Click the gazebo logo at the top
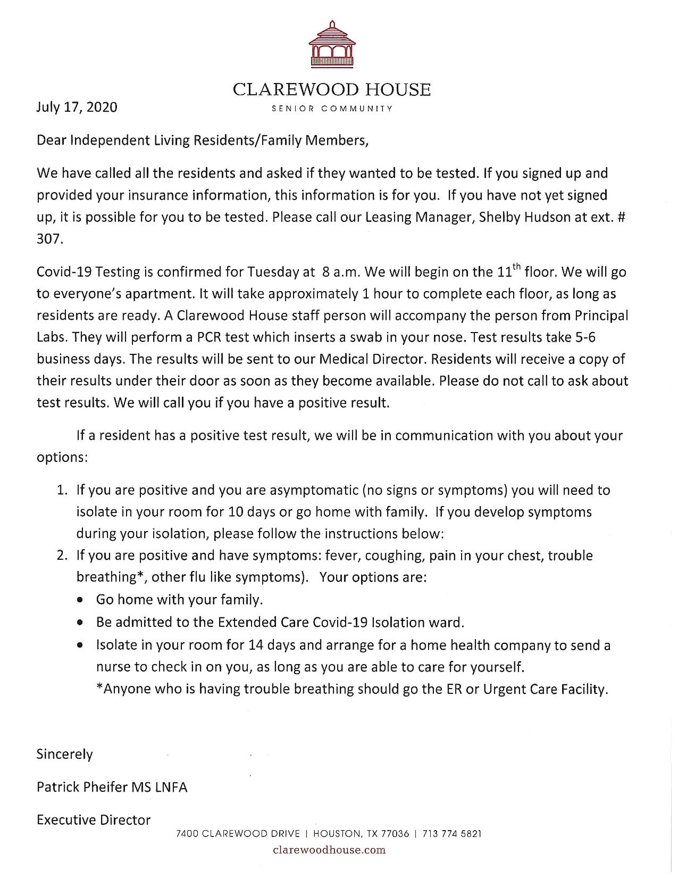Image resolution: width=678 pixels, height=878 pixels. point(332,44)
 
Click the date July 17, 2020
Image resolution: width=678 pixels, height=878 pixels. point(77,107)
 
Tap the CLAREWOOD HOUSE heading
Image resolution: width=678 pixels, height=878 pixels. point(332,89)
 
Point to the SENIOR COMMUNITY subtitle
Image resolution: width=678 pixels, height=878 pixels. point(332,109)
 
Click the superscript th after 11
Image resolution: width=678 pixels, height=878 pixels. point(517,266)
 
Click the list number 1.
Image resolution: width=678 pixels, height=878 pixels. point(62,490)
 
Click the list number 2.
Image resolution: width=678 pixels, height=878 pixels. point(62,556)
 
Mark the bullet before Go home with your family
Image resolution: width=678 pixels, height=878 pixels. point(80,600)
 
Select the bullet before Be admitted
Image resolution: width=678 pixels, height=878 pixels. point(80,623)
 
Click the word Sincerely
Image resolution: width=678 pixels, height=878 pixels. point(64,755)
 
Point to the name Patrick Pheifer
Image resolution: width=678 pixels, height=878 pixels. point(81,788)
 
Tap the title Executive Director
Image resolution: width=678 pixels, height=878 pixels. point(94,820)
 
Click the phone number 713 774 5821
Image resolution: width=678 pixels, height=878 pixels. point(452,834)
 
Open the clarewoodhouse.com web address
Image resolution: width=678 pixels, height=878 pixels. point(329,850)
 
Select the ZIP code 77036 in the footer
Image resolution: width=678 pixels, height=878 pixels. point(395,834)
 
